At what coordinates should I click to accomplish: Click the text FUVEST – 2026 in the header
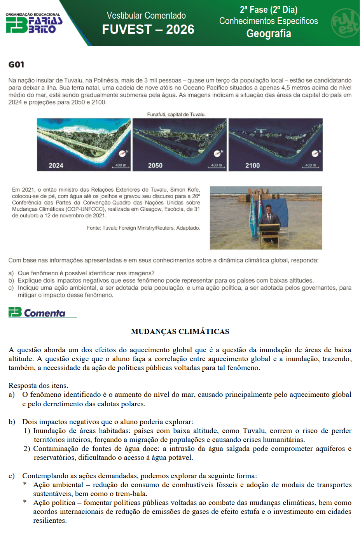tap(148, 30)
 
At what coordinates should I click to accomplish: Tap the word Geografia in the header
tap(269, 34)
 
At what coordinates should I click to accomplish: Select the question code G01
tap(16, 65)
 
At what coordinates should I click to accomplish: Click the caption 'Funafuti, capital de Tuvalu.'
tap(176, 114)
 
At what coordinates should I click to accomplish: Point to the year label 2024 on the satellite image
tap(56, 166)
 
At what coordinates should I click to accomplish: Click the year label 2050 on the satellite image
tap(155, 166)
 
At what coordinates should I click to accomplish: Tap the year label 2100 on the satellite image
tap(252, 166)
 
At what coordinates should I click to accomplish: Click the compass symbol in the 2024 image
tap(122, 153)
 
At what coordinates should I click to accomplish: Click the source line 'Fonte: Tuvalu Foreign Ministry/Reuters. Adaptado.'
tap(143, 228)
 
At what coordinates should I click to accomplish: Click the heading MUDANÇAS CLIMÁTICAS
tap(180, 332)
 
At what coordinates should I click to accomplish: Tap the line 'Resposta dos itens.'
tap(38, 386)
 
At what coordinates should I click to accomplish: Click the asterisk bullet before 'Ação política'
tap(25, 502)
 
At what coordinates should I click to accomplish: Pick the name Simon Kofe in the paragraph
tap(184, 190)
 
